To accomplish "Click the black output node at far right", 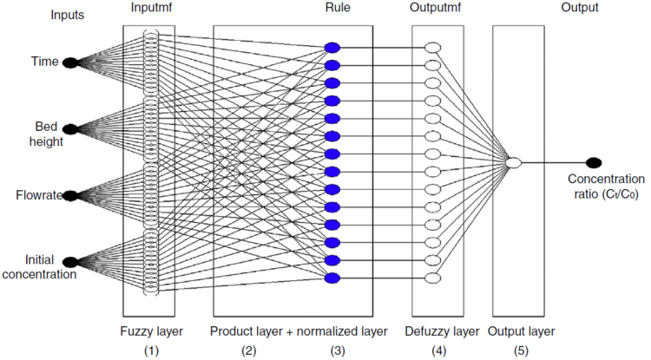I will (x=594, y=162).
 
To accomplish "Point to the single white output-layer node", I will (x=513, y=162).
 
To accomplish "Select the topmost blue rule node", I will (x=331, y=47).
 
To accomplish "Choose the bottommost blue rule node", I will (x=331, y=278).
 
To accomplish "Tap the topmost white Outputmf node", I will (x=433, y=47).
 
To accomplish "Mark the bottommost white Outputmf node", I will (x=433, y=278).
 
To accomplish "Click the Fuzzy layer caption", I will (x=149, y=331).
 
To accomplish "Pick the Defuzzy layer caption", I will (x=442, y=331).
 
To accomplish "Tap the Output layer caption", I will (x=521, y=331).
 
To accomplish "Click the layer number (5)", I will (x=519, y=351).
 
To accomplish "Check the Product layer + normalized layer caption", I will (x=298, y=331).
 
